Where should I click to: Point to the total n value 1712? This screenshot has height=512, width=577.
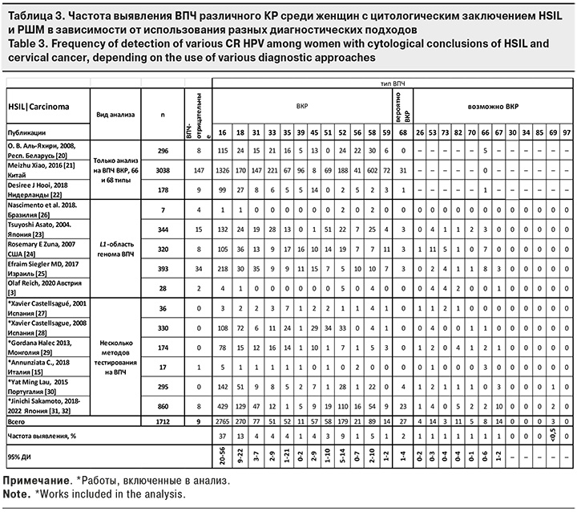pyautogui.click(x=163, y=420)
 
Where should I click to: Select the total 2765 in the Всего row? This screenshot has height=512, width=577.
pyautogui.click(x=222, y=420)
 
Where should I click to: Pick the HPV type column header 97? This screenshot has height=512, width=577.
pyautogui.click(x=567, y=132)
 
